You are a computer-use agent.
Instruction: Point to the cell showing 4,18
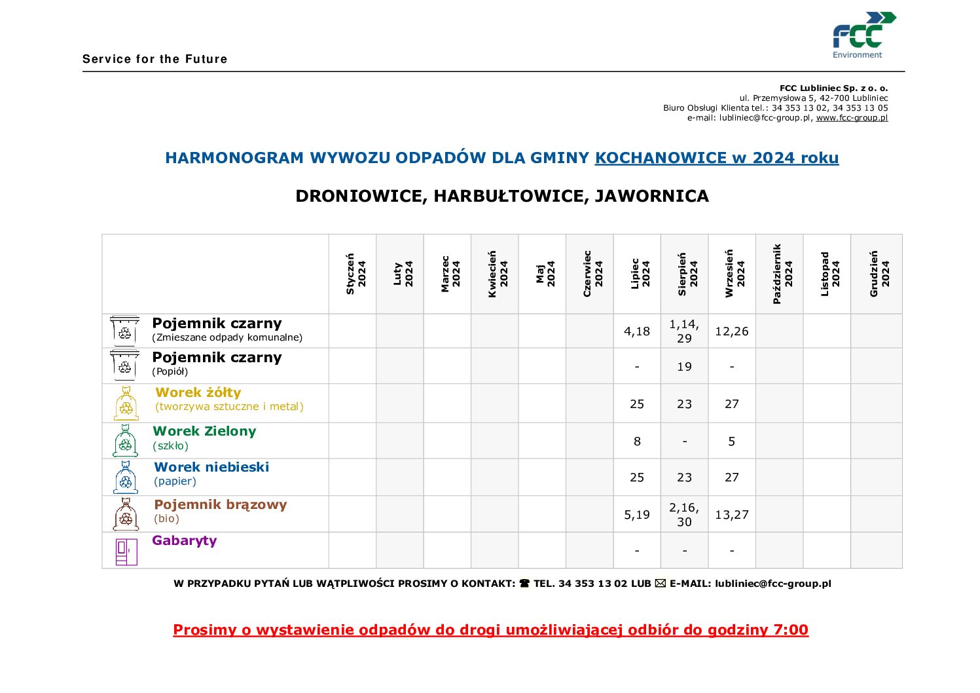[x=637, y=331]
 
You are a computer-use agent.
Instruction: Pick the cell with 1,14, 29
[x=684, y=331]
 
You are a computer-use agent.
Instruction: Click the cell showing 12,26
[x=731, y=331]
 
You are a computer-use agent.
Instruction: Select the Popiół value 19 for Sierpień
[x=684, y=367]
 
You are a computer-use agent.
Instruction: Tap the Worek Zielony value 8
[x=637, y=441]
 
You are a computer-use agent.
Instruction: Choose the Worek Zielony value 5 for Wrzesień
[x=731, y=441]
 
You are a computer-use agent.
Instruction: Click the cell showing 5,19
[x=637, y=515]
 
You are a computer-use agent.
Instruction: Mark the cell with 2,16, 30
[x=684, y=515]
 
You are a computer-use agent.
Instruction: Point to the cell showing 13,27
[x=731, y=515]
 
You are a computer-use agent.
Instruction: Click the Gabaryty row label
[x=184, y=540]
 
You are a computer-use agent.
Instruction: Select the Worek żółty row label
[x=198, y=392]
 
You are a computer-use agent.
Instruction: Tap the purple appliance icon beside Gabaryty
[x=126, y=552]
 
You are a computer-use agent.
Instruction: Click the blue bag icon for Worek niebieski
[x=126, y=478]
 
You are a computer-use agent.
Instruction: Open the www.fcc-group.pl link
[x=852, y=118]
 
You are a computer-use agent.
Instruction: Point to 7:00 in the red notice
[x=791, y=630]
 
